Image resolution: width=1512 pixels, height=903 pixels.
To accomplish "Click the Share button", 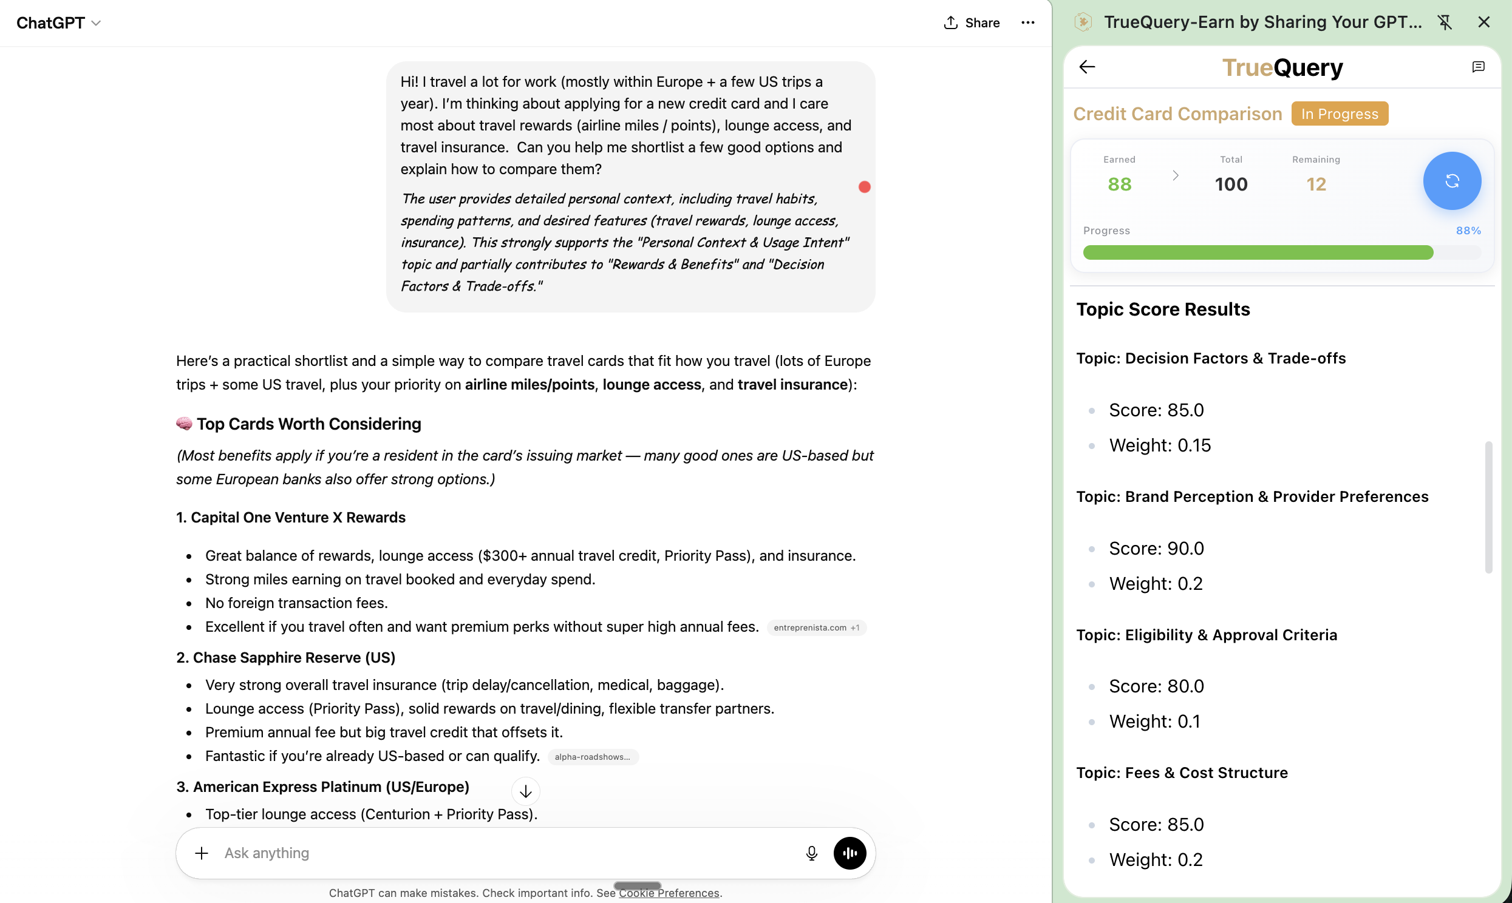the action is click(x=972, y=22).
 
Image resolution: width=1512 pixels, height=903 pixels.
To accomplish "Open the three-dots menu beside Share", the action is click(x=1027, y=22).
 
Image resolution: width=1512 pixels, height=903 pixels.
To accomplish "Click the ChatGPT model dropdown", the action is click(x=58, y=22).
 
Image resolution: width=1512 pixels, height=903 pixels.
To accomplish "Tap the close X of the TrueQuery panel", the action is click(x=1483, y=22).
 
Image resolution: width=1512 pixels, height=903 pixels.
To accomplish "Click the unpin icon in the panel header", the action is click(x=1445, y=22).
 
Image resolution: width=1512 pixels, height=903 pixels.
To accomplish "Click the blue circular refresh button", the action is click(x=1452, y=181).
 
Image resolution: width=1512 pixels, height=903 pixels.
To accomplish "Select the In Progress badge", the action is click(x=1339, y=114).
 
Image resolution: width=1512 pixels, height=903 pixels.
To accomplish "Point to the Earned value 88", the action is click(x=1119, y=184).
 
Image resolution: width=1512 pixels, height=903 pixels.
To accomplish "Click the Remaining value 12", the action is click(x=1316, y=184).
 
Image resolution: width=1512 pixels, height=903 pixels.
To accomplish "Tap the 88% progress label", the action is click(x=1468, y=231).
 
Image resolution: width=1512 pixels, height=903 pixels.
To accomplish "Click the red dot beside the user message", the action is click(x=864, y=187).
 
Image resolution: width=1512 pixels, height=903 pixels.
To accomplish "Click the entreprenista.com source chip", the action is click(x=816, y=627).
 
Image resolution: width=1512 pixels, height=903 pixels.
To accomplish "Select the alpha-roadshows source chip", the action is click(x=592, y=757).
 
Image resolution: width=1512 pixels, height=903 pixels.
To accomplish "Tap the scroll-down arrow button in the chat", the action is click(x=525, y=792).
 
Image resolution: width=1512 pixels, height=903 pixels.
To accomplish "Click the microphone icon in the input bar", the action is click(x=811, y=853).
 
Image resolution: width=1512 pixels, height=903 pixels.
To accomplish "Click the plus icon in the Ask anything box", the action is click(x=202, y=853).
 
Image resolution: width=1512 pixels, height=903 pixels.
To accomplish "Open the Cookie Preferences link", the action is click(x=669, y=893).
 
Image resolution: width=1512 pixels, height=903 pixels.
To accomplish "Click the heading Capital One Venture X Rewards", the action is click(x=291, y=517).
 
